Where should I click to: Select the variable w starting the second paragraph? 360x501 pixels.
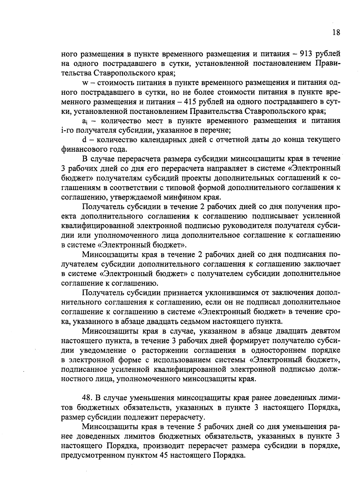click(84, 83)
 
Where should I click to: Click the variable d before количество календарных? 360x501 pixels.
click(84, 140)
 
